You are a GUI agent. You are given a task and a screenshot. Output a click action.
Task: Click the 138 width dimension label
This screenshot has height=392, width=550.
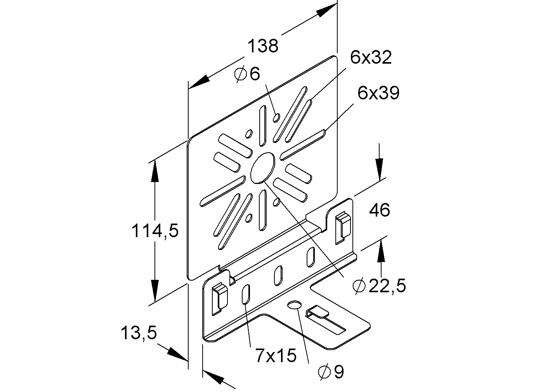(263, 46)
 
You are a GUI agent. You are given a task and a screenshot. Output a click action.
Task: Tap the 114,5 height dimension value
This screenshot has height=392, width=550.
(155, 231)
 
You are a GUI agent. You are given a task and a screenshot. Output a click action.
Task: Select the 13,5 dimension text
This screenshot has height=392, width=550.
(139, 333)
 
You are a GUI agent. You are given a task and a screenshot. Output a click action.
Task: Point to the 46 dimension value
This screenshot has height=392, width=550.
(379, 210)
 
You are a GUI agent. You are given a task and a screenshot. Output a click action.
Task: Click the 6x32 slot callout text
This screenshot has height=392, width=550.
(371, 57)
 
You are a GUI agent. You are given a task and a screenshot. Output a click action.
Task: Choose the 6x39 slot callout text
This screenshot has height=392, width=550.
(378, 93)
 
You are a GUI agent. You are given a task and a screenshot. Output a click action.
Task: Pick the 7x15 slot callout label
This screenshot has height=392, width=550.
(276, 355)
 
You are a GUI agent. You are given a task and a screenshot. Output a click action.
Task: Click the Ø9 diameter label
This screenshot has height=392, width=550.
(331, 372)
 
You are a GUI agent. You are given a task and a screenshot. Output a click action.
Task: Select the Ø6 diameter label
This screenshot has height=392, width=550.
(247, 73)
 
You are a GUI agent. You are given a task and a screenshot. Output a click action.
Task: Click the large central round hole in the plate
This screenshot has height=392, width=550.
(262, 168)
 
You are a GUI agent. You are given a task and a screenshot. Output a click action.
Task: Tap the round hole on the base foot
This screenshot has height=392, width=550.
(294, 305)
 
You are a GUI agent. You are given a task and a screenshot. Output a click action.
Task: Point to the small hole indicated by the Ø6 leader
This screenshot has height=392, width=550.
(276, 117)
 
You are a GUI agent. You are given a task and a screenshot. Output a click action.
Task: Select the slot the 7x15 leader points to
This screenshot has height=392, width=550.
(246, 294)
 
